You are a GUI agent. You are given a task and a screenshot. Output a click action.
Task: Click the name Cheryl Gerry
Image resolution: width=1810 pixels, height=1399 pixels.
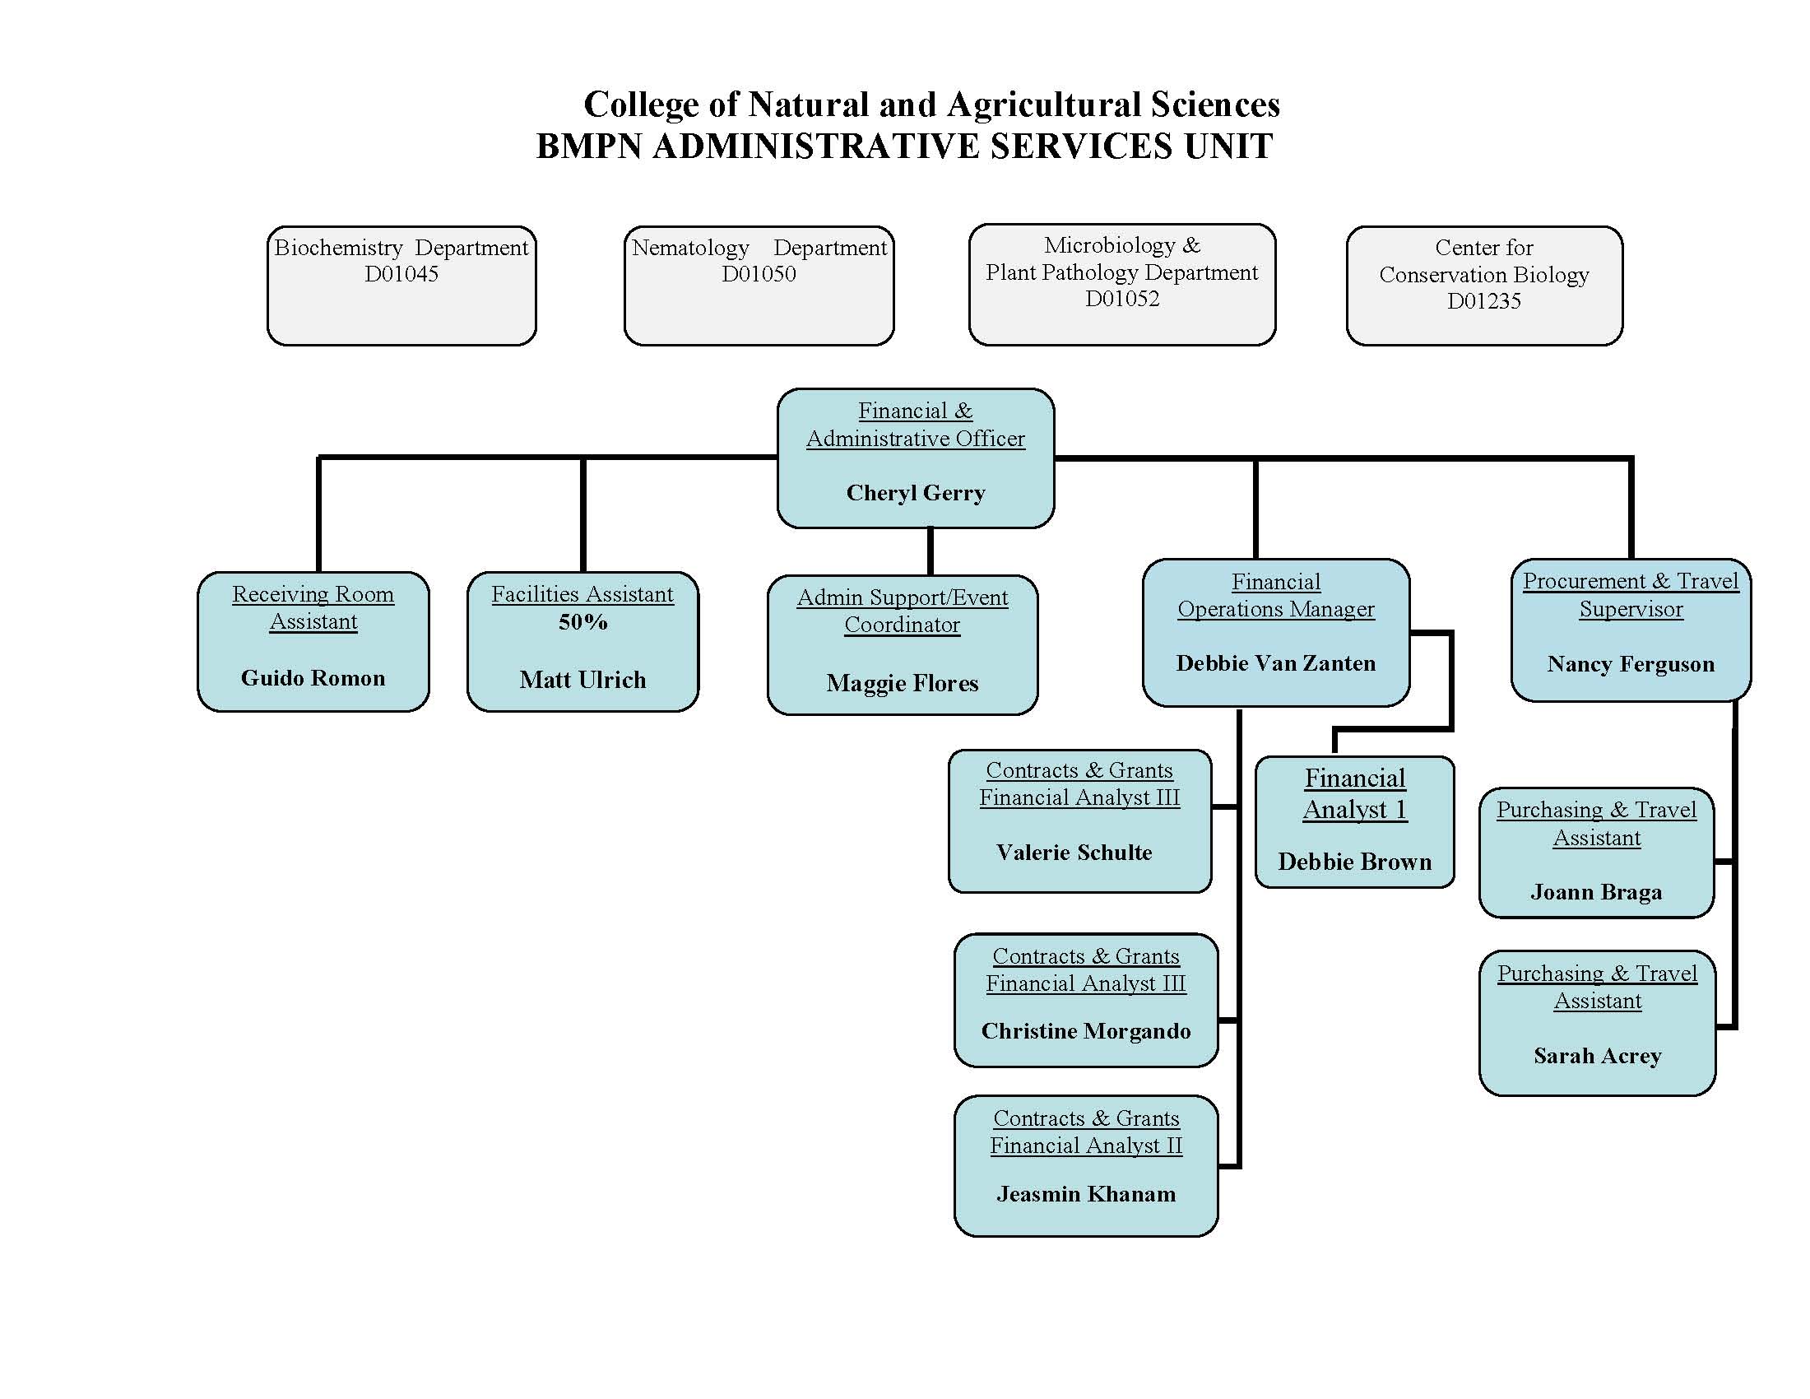[915, 493]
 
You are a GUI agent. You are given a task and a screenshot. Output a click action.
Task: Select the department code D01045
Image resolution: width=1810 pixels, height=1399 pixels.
[401, 274]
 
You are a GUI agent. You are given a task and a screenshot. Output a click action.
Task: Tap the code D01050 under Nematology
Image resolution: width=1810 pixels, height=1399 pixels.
[759, 274]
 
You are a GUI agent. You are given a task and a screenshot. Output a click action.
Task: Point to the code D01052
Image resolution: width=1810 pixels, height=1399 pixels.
[1122, 300]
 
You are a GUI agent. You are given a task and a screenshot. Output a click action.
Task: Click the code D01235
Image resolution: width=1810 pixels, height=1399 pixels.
[1483, 301]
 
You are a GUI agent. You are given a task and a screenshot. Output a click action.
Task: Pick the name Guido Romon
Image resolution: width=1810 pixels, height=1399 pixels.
[313, 678]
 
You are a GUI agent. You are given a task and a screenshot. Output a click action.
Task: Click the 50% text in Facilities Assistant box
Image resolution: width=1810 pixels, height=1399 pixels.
[582, 622]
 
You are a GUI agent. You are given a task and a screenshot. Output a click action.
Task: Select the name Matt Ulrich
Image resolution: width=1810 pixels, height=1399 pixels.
[582, 680]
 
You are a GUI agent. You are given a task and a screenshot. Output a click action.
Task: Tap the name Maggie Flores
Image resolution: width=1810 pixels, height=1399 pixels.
[902, 683]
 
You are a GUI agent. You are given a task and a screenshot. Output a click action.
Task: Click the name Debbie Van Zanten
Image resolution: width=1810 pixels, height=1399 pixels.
[1275, 663]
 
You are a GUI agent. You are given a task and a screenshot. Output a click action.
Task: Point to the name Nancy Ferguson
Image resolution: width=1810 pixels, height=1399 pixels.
[1630, 664]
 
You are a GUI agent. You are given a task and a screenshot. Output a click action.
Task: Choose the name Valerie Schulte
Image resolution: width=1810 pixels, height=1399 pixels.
[1074, 852]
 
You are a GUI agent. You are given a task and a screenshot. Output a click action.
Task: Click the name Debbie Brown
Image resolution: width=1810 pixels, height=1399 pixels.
[1354, 862]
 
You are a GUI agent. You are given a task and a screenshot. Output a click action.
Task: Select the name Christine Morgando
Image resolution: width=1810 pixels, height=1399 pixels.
[1086, 1031]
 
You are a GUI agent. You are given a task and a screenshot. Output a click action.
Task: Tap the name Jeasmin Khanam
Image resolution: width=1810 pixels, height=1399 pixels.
[1086, 1194]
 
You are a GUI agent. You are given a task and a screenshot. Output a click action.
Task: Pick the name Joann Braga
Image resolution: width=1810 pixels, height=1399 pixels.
[1596, 892]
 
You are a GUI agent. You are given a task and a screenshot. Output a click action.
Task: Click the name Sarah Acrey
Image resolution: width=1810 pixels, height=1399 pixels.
[1597, 1056]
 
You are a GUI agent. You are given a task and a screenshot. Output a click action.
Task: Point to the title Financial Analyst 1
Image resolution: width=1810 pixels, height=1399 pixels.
[1355, 794]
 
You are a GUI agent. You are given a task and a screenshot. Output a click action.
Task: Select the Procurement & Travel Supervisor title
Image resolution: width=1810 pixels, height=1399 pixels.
[1630, 595]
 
